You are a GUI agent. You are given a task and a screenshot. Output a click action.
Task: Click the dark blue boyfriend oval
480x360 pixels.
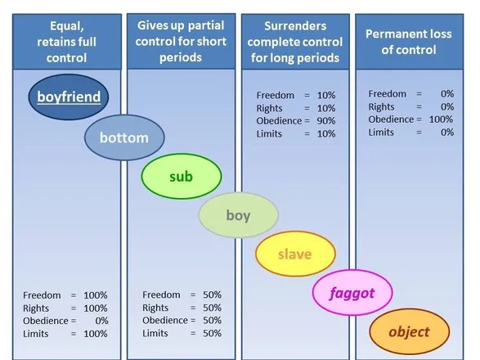coord(69,97)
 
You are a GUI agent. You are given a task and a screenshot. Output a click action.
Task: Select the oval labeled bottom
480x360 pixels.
coord(124,137)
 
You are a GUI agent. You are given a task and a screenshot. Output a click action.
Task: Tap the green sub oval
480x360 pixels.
coord(182,177)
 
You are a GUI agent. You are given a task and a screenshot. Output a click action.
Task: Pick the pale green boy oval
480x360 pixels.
coord(239,215)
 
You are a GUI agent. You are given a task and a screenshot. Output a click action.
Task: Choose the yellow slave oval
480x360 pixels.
coord(295,254)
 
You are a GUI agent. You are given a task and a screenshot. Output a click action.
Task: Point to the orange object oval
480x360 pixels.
coord(410,332)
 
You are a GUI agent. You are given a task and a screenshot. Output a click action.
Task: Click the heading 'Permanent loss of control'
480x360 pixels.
coord(409,42)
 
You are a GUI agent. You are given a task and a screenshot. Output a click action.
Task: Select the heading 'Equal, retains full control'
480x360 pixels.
coord(67,42)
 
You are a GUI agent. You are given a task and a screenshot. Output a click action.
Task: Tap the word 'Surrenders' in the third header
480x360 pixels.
coord(295,26)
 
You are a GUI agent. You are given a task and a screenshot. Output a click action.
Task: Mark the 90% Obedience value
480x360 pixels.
coord(326,121)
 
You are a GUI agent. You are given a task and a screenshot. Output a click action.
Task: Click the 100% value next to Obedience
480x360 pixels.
coord(441,119)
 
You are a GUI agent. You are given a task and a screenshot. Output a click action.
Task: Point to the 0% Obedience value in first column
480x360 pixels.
coord(101,321)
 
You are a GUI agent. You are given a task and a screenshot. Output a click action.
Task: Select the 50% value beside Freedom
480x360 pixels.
coord(212,295)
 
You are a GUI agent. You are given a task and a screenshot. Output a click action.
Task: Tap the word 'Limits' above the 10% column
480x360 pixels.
coord(269,134)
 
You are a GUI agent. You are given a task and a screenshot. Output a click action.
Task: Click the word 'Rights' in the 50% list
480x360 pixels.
coord(155,308)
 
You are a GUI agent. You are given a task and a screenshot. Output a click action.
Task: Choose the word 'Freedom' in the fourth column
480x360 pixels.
coord(388,94)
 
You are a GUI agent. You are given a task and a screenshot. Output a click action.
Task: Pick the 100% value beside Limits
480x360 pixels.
coord(96,334)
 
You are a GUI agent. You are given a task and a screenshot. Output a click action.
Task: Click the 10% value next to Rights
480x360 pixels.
coord(326,108)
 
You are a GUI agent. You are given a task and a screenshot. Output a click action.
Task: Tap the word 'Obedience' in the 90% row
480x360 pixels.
coord(279,121)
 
